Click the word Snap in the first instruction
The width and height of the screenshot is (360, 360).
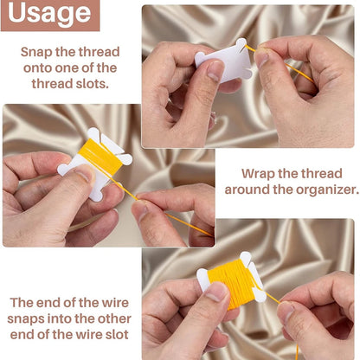click(x=39, y=51)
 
